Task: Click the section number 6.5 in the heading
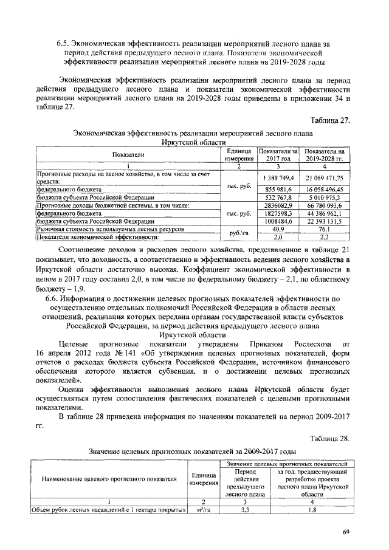tap(61, 44)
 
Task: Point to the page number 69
tap(345, 532)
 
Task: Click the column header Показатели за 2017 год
tap(277, 154)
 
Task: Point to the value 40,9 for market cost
tap(277, 230)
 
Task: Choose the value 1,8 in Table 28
tap(312, 509)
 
